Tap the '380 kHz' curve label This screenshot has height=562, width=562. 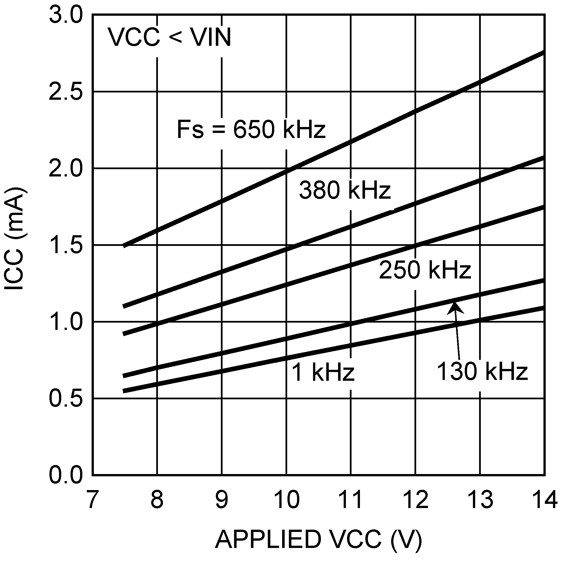[345, 190]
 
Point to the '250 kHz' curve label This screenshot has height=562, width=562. [425, 270]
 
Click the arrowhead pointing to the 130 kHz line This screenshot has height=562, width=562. [455, 307]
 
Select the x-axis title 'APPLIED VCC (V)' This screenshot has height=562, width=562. [319, 539]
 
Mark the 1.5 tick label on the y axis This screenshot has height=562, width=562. [66, 245]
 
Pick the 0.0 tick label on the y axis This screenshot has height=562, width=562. [66, 475]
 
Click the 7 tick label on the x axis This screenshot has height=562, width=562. [92, 499]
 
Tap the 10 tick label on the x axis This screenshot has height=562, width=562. [287, 499]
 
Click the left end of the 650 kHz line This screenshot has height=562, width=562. [124, 246]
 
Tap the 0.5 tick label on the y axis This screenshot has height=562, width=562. [66, 398]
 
